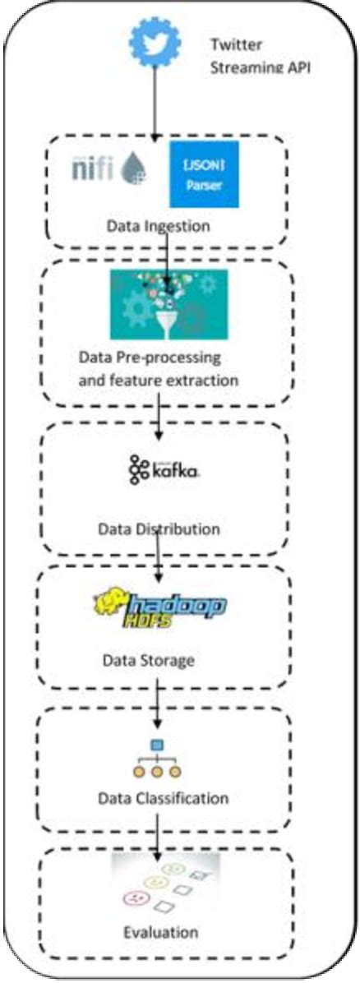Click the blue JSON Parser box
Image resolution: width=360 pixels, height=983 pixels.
(x=204, y=173)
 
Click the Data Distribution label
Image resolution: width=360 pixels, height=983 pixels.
(x=159, y=528)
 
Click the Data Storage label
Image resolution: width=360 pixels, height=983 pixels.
(x=150, y=660)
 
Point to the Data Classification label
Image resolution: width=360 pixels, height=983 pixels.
(x=163, y=798)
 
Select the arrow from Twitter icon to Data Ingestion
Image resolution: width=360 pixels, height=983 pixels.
(x=155, y=103)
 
